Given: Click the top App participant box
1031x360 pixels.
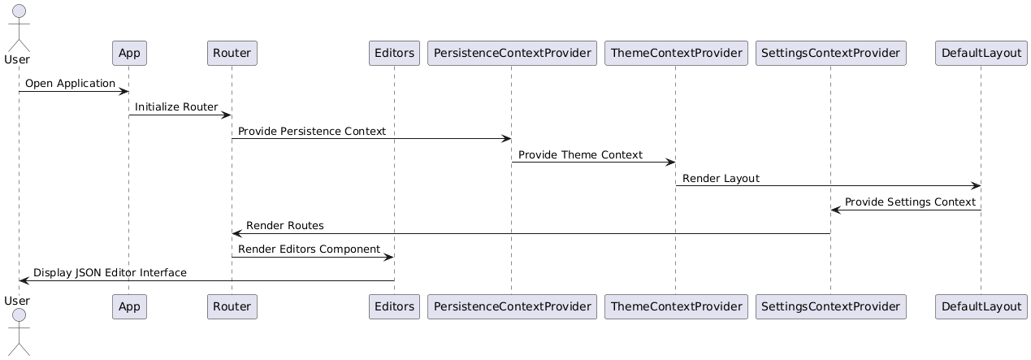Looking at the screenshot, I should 129,54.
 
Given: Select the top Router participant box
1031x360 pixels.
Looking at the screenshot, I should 232,54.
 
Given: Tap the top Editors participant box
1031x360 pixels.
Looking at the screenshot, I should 394,54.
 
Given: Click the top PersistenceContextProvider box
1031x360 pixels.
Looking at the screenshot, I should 512,54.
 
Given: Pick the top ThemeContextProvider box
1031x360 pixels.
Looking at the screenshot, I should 676,54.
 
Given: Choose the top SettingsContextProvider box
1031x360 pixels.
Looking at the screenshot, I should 830,54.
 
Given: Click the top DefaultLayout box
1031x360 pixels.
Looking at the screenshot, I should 981,54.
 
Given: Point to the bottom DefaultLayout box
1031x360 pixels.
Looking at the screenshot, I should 981,307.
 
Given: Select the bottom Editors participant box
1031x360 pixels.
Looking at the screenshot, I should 394,307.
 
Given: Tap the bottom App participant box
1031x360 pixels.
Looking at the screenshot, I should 129,307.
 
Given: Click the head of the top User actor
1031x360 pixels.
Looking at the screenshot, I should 19,11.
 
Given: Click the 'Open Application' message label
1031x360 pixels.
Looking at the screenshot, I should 70,84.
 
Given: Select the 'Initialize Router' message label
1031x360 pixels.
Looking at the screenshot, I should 176,107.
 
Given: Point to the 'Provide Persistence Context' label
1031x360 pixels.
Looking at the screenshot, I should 312,131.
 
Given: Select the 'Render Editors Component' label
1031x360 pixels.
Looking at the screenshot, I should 309,249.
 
